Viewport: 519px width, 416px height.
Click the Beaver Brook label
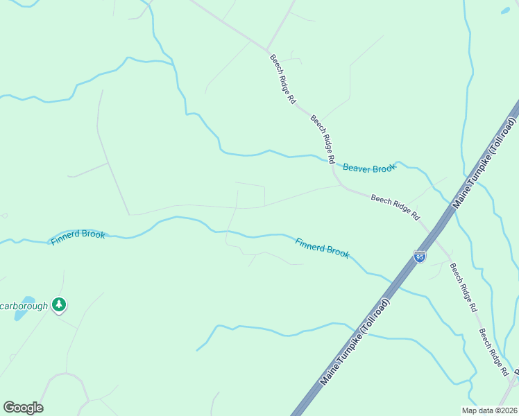coord(368,168)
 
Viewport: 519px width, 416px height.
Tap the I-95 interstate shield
coord(420,257)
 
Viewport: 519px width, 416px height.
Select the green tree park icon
coord(60,304)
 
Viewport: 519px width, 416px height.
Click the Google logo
coord(23,408)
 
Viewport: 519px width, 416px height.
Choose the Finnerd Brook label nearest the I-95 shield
coord(322,248)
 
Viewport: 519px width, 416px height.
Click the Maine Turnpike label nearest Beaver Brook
coord(485,163)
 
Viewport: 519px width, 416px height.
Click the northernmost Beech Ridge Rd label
coord(283,79)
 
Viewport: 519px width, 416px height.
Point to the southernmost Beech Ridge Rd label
coord(493,353)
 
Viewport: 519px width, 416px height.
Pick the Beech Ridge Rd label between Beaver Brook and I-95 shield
coord(395,207)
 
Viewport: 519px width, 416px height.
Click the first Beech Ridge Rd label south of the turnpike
coord(463,286)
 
